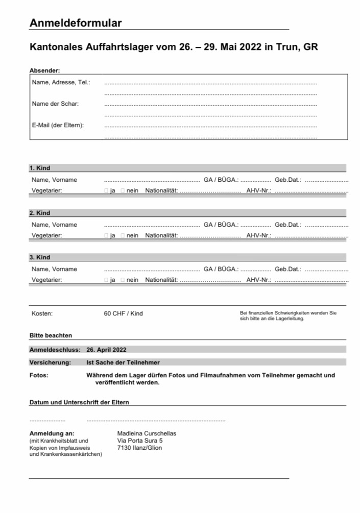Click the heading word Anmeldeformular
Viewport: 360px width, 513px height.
(76, 22)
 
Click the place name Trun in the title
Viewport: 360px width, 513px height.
(287, 47)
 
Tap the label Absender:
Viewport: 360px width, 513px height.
(44, 70)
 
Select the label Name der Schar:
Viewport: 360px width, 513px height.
(55, 104)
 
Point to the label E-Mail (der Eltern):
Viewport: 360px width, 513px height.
(58, 125)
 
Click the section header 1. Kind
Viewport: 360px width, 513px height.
(40, 168)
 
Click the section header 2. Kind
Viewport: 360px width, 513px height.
(40, 213)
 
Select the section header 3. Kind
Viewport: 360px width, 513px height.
(40, 257)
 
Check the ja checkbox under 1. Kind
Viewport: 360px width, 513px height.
(106, 191)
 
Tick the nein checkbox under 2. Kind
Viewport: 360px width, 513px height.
(123, 236)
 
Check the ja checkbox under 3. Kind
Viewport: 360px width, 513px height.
(106, 280)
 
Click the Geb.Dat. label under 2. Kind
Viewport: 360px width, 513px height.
(288, 225)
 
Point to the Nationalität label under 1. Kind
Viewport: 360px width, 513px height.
(161, 191)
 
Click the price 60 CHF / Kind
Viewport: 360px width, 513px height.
(124, 313)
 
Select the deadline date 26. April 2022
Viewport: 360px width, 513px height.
(106, 350)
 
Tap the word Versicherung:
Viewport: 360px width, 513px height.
(49, 362)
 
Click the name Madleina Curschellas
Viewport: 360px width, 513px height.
(147, 433)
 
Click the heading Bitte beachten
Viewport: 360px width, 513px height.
(51, 335)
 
